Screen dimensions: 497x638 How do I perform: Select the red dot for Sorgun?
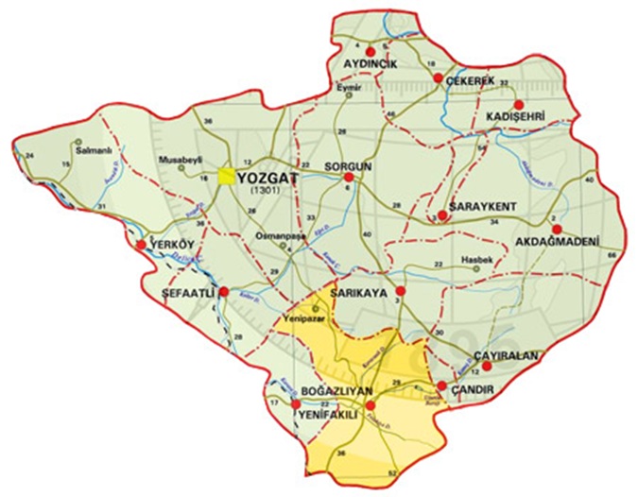(x=349, y=177)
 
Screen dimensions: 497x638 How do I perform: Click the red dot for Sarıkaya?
(x=401, y=291)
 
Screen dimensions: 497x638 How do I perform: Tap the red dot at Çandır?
(x=440, y=386)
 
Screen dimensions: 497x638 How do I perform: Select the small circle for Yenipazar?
(x=317, y=309)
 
